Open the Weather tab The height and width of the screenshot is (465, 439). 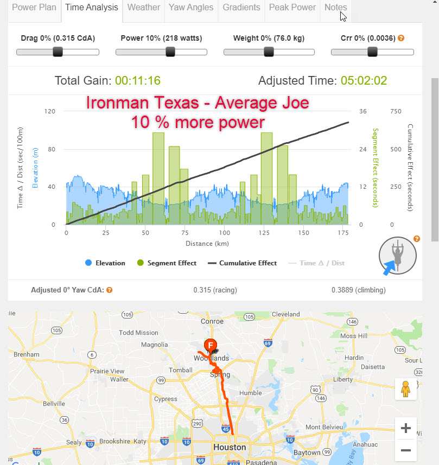143,8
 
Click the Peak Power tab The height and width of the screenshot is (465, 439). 292,8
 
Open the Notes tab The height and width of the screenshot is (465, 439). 335,8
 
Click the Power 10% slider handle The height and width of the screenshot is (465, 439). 170,52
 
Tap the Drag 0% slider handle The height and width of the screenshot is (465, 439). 58,52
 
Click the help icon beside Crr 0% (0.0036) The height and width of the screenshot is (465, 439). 401,38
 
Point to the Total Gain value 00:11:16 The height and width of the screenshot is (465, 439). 137,81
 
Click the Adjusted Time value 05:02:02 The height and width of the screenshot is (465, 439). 364,81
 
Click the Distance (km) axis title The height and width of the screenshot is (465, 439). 207,244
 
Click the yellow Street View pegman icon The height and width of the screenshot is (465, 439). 405,389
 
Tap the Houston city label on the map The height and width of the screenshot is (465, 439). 230,448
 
